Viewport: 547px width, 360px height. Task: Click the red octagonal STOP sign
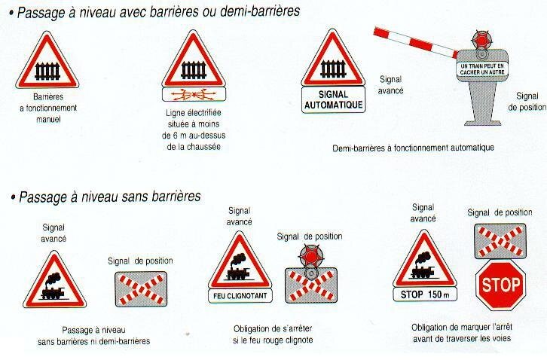click(500, 285)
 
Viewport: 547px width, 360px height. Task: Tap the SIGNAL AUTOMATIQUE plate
click(334, 99)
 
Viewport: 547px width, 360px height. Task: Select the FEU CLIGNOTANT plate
click(240, 296)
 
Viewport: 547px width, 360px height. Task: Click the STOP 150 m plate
click(425, 294)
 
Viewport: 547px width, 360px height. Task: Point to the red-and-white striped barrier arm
click(416, 42)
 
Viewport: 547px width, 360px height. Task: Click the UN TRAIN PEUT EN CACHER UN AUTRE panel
click(482, 69)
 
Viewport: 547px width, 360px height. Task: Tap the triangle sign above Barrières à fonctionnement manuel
click(47, 60)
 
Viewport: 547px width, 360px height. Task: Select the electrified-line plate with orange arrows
click(194, 95)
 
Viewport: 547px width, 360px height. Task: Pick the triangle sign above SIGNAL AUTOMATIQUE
click(333, 58)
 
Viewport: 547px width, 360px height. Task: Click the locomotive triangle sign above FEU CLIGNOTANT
click(240, 261)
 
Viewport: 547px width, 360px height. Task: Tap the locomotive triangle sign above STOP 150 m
click(424, 259)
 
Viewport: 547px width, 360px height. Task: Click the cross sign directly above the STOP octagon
click(500, 241)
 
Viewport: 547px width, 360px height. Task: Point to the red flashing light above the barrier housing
click(481, 39)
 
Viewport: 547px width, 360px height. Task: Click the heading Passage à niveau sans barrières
click(110, 197)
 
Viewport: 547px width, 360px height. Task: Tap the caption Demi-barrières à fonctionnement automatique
click(413, 148)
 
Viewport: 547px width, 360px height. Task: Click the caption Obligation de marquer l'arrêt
click(462, 328)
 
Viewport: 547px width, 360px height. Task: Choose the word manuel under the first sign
click(48, 119)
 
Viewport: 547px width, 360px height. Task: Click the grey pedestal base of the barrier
click(483, 104)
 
